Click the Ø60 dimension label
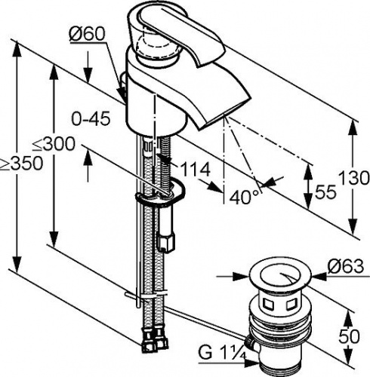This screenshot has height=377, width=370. (87, 34)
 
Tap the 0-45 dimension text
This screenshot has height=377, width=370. (91, 118)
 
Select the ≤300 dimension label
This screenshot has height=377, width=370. (54, 144)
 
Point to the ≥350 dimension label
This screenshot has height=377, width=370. (22, 164)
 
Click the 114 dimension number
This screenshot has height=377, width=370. (196, 170)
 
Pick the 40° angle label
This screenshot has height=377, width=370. (244, 197)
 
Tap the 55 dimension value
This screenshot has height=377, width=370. (325, 192)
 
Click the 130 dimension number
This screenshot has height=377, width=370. (353, 178)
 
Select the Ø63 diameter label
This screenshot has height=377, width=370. (346, 266)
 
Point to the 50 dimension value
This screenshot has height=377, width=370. (349, 336)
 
